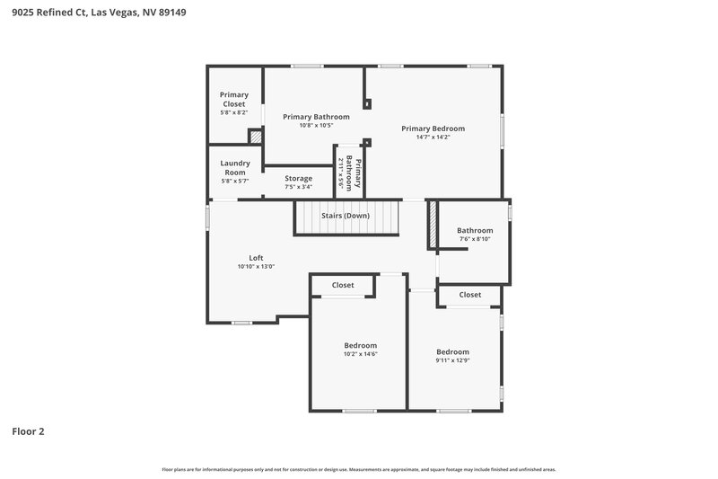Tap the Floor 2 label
tap(28, 431)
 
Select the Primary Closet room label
tap(234, 99)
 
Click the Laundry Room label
tap(234, 167)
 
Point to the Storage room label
tap(299, 179)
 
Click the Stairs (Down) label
tap(346, 217)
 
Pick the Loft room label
tap(256, 257)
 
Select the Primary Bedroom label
tap(433, 129)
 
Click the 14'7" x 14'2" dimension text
tap(433, 137)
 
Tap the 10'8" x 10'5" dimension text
tap(316, 126)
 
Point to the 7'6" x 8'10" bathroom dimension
tap(475, 239)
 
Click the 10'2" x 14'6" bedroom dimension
tap(360, 354)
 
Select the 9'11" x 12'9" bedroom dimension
tap(452, 360)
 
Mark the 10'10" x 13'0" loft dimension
tap(256, 266)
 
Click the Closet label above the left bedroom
tap(343, 285)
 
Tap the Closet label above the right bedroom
tap(469, 295)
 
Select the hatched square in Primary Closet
tap(256, 137)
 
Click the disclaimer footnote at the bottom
tap(358, 469)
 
